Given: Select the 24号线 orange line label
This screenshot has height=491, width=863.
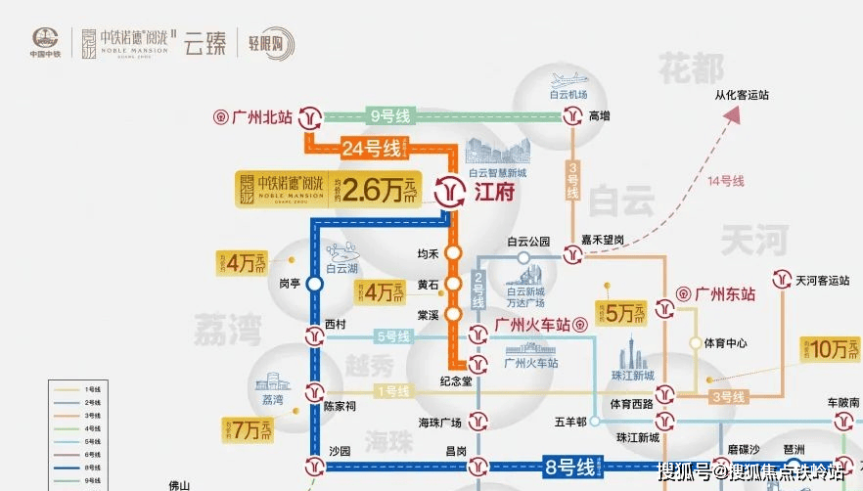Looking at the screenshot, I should (x=372, y=149).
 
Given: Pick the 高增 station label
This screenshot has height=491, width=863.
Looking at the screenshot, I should (x=599, y=116).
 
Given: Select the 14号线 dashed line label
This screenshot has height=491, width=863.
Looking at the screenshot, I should (x=726, y=181).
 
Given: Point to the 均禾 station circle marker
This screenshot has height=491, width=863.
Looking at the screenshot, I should (x=453, y=253).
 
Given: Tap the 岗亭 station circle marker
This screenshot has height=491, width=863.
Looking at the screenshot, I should (x=314, y=285).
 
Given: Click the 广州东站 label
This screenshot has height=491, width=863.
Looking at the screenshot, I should (x=725, y=292).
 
